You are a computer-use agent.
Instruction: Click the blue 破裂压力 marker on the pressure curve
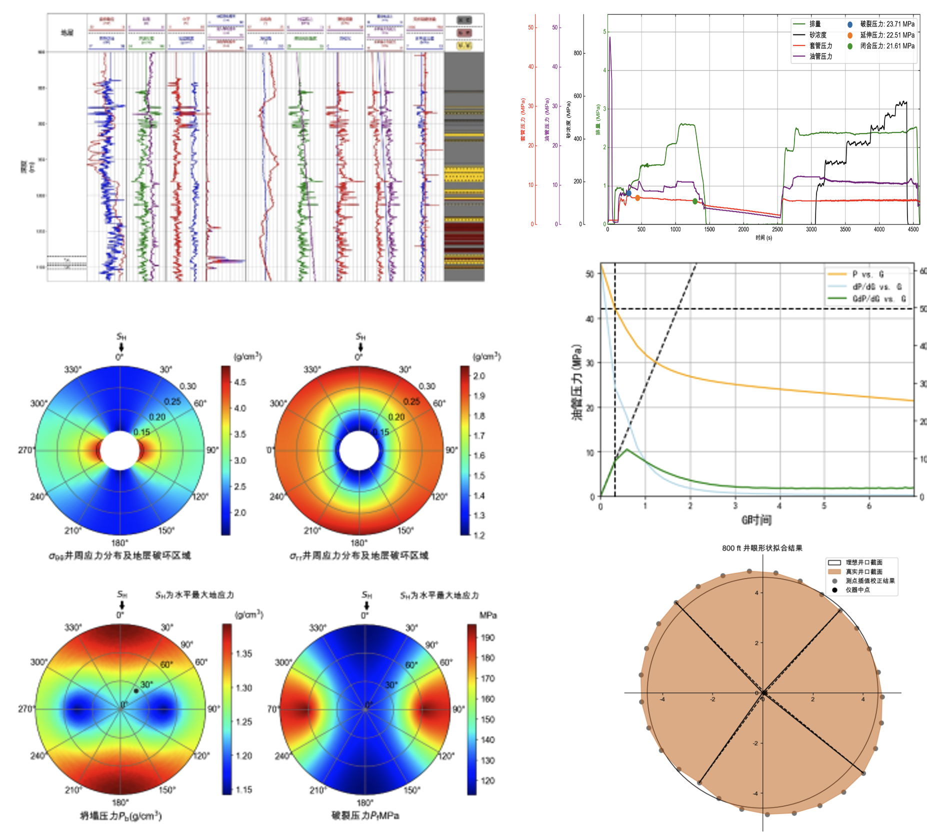[628, 193]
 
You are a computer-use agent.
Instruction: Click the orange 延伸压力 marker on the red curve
[637, 198]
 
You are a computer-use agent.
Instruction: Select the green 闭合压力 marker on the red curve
[695, 201]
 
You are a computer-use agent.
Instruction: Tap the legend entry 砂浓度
[818, 35]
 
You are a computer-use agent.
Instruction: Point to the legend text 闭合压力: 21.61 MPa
[887, 46]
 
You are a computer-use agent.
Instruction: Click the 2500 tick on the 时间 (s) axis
[777, 229]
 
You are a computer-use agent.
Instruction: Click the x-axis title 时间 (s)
[763, 238]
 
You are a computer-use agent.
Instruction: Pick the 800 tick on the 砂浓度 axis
[577, 53]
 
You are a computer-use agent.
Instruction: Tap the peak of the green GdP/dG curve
[627, 449]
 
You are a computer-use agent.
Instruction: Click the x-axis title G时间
[756, 520]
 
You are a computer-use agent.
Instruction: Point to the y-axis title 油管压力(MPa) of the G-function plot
[577, 382]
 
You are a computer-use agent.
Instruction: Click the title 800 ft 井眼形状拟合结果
[762, 548]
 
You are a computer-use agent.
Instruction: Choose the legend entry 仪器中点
[857, 590]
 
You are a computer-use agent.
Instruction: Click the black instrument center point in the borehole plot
[764, 692]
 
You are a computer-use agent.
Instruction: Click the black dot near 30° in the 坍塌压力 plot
[136, 691]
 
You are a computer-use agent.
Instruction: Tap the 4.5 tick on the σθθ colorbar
[240, 382]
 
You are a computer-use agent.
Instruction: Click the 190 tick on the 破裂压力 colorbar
[487, 637]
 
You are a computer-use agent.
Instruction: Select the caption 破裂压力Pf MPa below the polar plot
[365, 816]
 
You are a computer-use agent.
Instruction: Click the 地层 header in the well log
[67, 33]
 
